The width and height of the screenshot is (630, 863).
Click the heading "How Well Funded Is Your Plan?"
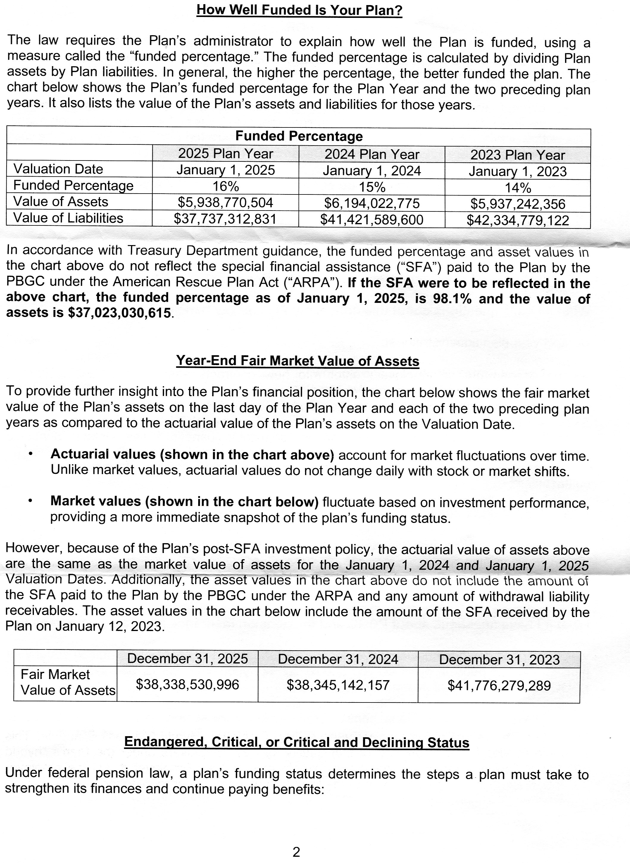tap(299, 10)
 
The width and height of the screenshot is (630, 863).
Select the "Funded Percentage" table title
tap(299, 136)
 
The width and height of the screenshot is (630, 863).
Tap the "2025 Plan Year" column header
tap(225, 154)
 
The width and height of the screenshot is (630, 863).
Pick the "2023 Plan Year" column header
tap(518, 155)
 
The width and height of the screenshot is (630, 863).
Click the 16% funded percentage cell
tap(225, 186)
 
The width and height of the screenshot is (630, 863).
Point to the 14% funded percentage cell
tap(518, 188)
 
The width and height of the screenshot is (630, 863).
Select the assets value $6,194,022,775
tap(372, 203)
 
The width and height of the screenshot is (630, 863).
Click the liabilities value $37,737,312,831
tap(225, 219)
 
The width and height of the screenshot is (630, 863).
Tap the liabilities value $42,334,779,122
tap(518, 221)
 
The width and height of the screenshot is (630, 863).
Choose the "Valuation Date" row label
tap(58, 169)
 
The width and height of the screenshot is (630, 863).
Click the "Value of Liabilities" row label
tap(68, 218)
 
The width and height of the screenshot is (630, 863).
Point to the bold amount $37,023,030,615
tap(119, 313)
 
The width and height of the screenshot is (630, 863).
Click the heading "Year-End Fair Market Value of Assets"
tap(298, 361)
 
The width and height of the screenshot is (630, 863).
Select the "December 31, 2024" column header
tap(338, 659)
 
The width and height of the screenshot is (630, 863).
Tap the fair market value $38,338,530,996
tap(187, 684)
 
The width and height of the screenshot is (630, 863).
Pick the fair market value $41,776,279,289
tap(499, 686)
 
